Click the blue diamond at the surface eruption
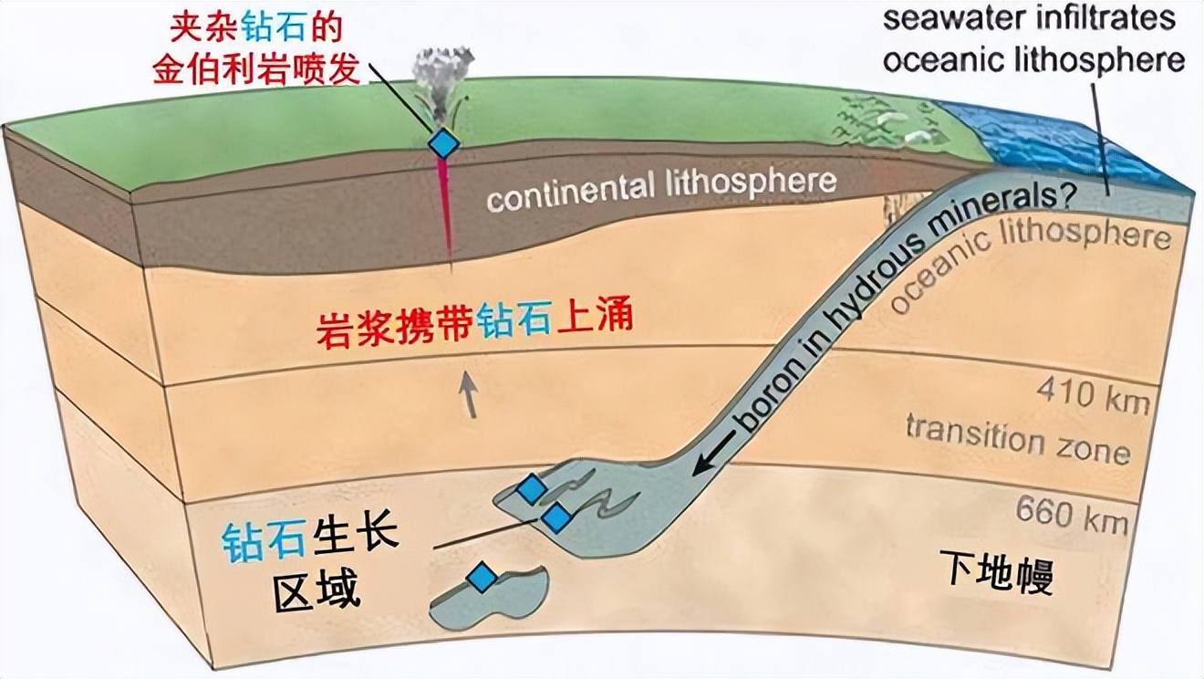pyautogui.click(x=444, y=143)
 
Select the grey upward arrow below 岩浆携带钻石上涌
pyautogui.click(x=468, y=395)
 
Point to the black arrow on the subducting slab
pyautogui.click(x=714, y=454)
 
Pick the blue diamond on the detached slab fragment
pyautogui.click(x=482, y=578)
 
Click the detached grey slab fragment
pyautogui.click(x=489, y=597)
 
